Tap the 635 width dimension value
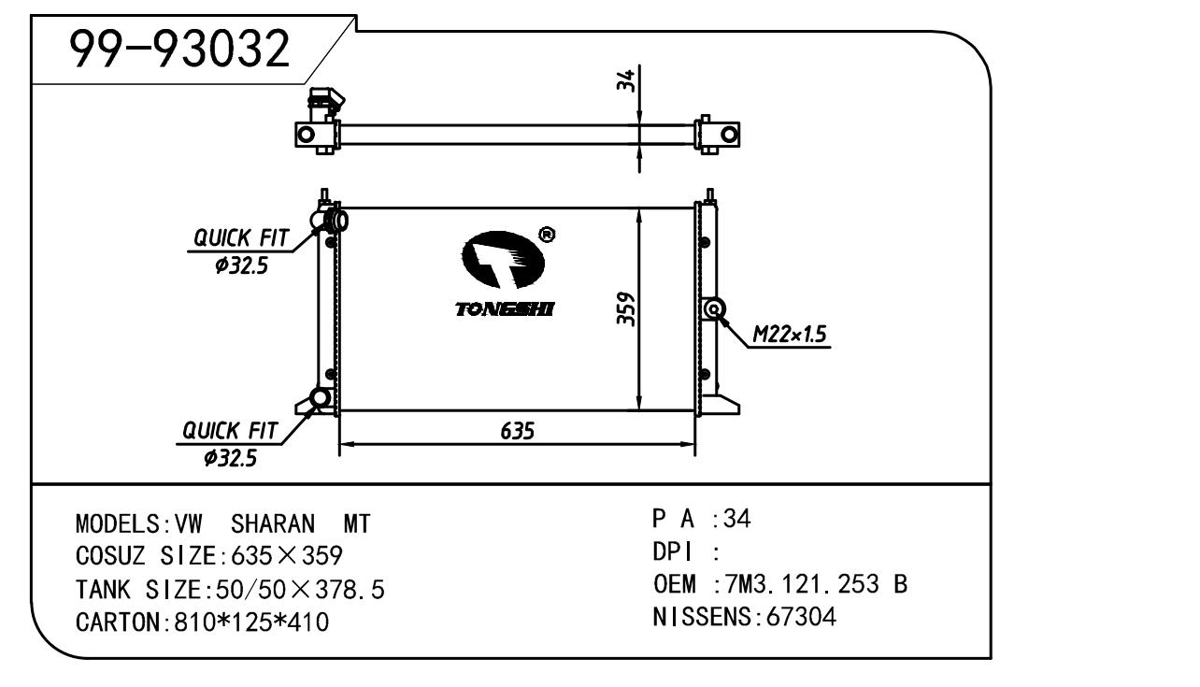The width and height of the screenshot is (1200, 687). (517, 431)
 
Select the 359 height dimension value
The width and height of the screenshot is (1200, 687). (628, 309)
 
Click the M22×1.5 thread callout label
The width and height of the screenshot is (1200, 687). (790, 335)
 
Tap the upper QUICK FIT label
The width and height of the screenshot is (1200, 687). (240, 238)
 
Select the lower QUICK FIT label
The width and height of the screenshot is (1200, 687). (230, 431)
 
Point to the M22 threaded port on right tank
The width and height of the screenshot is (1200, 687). (714, 309)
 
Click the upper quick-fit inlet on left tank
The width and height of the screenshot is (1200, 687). (334, 222)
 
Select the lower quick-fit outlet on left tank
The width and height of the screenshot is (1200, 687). (321, 399)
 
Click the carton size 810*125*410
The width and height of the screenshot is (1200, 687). (251, 622)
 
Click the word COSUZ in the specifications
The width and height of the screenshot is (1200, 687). (105, 557)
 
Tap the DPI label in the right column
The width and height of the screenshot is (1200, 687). (672, 551)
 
